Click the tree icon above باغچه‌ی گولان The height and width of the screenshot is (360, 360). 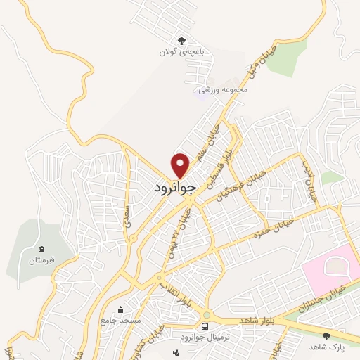[182, 40]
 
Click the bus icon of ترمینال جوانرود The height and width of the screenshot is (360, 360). [205, 326]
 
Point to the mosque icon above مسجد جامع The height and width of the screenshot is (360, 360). [120, 309]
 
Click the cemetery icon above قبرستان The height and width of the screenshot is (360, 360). [41, 248]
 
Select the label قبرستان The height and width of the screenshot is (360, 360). [41, 260]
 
